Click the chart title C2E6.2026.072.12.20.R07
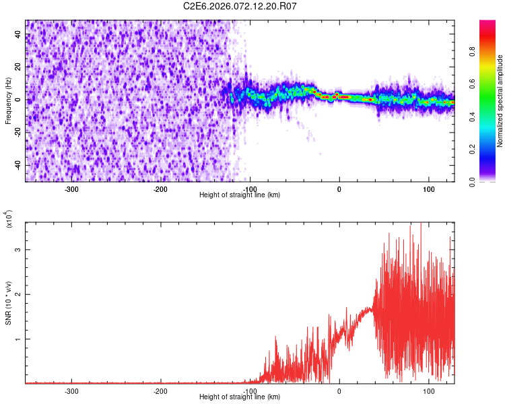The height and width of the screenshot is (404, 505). [240, 6]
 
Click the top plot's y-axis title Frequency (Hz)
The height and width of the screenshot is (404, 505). [8, 101]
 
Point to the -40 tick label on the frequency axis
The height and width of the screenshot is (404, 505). [17, 165]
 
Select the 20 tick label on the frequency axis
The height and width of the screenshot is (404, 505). [18, 67]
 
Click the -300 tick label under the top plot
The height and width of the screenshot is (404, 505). [71, 189]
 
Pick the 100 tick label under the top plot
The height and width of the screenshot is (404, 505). [428, 189]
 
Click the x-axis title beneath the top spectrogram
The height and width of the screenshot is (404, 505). [240, 195]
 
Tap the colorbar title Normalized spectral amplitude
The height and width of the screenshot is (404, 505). [500, 101]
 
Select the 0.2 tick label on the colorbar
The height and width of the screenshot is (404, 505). [490, 149]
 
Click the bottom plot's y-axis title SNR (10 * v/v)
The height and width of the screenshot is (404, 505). [8, 303]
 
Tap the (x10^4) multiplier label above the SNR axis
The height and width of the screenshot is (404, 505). [8, 219]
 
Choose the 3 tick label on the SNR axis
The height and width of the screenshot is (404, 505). [20, 250]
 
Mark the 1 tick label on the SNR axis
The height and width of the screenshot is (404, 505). [20, 339]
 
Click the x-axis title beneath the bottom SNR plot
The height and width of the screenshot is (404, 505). [240, 398]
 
